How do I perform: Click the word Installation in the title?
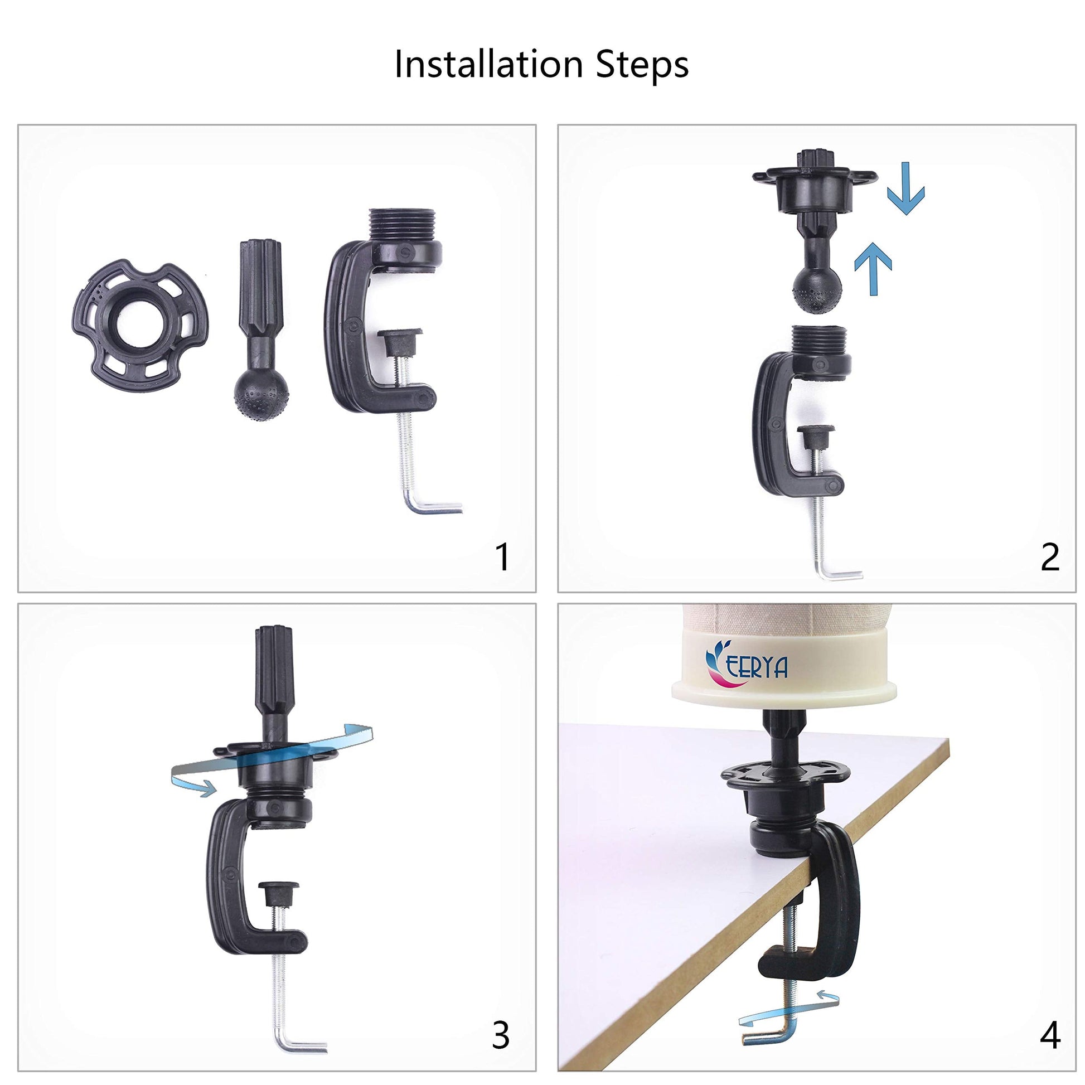(488, 64)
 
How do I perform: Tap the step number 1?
(502, 556)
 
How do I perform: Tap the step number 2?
(1050, 556)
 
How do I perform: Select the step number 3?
(500, 1035)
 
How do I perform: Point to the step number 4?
(1050, 1035)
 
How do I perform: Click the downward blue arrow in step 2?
(905, 188)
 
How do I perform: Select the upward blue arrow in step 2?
(873, 268)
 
